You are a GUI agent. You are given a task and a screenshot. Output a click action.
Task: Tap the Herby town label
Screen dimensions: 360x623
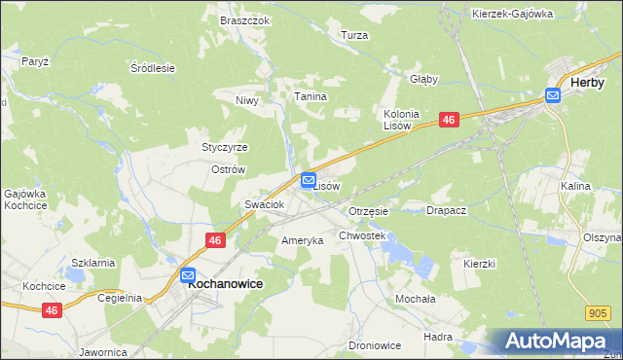587,83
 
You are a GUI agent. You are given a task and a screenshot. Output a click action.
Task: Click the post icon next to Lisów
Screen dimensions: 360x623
309,179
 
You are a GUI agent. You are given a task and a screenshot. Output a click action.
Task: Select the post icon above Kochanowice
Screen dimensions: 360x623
188,275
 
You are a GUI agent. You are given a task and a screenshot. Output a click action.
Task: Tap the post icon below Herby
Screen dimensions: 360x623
552,95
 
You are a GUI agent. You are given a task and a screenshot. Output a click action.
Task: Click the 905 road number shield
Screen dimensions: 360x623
600,312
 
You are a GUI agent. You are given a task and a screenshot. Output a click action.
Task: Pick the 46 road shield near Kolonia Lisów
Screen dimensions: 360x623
448,119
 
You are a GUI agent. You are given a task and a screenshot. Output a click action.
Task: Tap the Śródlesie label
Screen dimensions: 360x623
152,68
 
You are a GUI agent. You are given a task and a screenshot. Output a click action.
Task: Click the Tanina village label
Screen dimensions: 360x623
311,97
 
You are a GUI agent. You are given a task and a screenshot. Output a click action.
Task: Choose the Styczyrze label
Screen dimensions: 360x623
225,147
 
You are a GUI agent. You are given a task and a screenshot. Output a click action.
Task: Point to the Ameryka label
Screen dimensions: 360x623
302,240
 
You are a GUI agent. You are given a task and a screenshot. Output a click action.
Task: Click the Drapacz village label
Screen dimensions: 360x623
447,210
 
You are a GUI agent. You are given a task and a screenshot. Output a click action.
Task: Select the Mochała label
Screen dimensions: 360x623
414,299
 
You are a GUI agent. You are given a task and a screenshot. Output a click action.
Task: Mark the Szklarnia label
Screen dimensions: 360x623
93,263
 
